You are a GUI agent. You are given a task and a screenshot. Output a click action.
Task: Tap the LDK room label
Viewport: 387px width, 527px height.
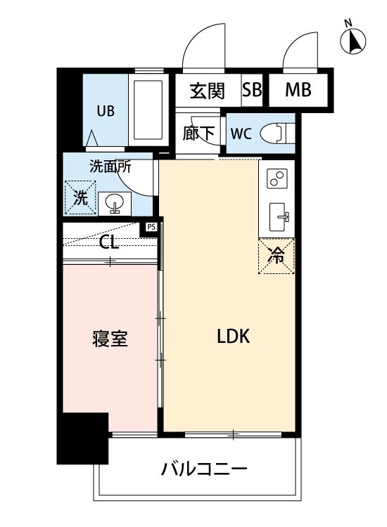click(233, 337)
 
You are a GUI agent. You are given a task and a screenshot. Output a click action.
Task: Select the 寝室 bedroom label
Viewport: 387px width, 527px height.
click(110, 339)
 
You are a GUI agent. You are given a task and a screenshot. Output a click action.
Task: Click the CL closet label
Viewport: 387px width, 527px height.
click(108, 244)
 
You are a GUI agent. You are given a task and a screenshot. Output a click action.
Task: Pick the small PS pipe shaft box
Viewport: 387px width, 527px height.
click(151, 227)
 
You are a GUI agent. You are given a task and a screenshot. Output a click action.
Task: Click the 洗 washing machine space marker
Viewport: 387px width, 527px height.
click(80, 197)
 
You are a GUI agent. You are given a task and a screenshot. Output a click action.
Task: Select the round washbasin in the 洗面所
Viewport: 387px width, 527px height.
click(113, 204)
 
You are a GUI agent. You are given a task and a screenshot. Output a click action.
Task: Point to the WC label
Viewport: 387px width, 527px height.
click(240, 134)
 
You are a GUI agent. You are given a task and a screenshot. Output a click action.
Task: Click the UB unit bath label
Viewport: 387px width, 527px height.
click(106, 110)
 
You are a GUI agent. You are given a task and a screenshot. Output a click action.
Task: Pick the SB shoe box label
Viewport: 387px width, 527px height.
click(252, 90)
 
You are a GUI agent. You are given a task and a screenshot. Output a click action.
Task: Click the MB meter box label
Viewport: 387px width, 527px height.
click(298, 90)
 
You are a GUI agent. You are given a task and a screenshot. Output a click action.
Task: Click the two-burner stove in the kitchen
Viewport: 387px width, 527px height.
click(276, 178)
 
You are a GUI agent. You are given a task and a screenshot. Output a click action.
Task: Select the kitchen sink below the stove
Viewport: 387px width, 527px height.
click(276, 215)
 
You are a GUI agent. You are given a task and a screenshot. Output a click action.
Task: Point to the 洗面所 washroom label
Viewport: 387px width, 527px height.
click(110, 167)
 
